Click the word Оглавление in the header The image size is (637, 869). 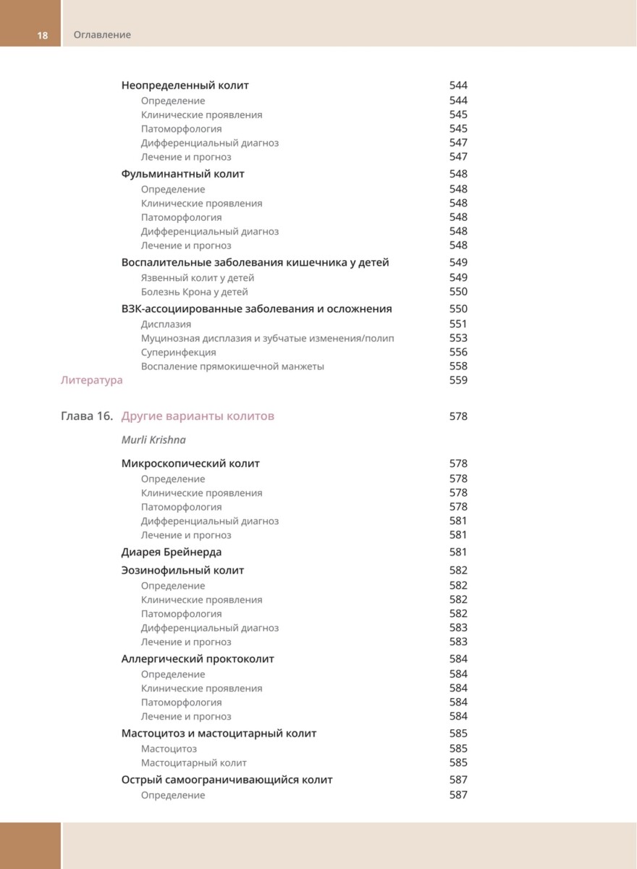(x=102, y=35)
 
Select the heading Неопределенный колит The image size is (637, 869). (x=185, y=85)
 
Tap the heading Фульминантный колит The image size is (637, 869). (x=182, y=174)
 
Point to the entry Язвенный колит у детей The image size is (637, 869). (x=197, y=278)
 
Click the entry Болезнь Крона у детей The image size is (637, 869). (x=194, y=292)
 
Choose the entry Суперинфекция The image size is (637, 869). (x=178, y=353)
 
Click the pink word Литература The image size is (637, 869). (x=91, y=380)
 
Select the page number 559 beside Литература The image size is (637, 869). (x=458, y=380)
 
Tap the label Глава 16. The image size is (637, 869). (x=87, y=416)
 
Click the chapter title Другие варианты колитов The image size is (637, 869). (x=198, y=416)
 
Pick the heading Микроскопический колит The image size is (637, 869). (x=190, y=463)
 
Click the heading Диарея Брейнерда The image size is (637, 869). (x=172, y=553)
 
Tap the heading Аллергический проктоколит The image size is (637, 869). (x=198, y=659)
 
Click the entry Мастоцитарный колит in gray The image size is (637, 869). (x=193, y=763)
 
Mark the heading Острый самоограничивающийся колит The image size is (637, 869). (x=227, y=780)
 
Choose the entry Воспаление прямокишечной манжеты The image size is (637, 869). (x=232, y=366)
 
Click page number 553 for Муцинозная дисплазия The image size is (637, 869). (x=458, y=338)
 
